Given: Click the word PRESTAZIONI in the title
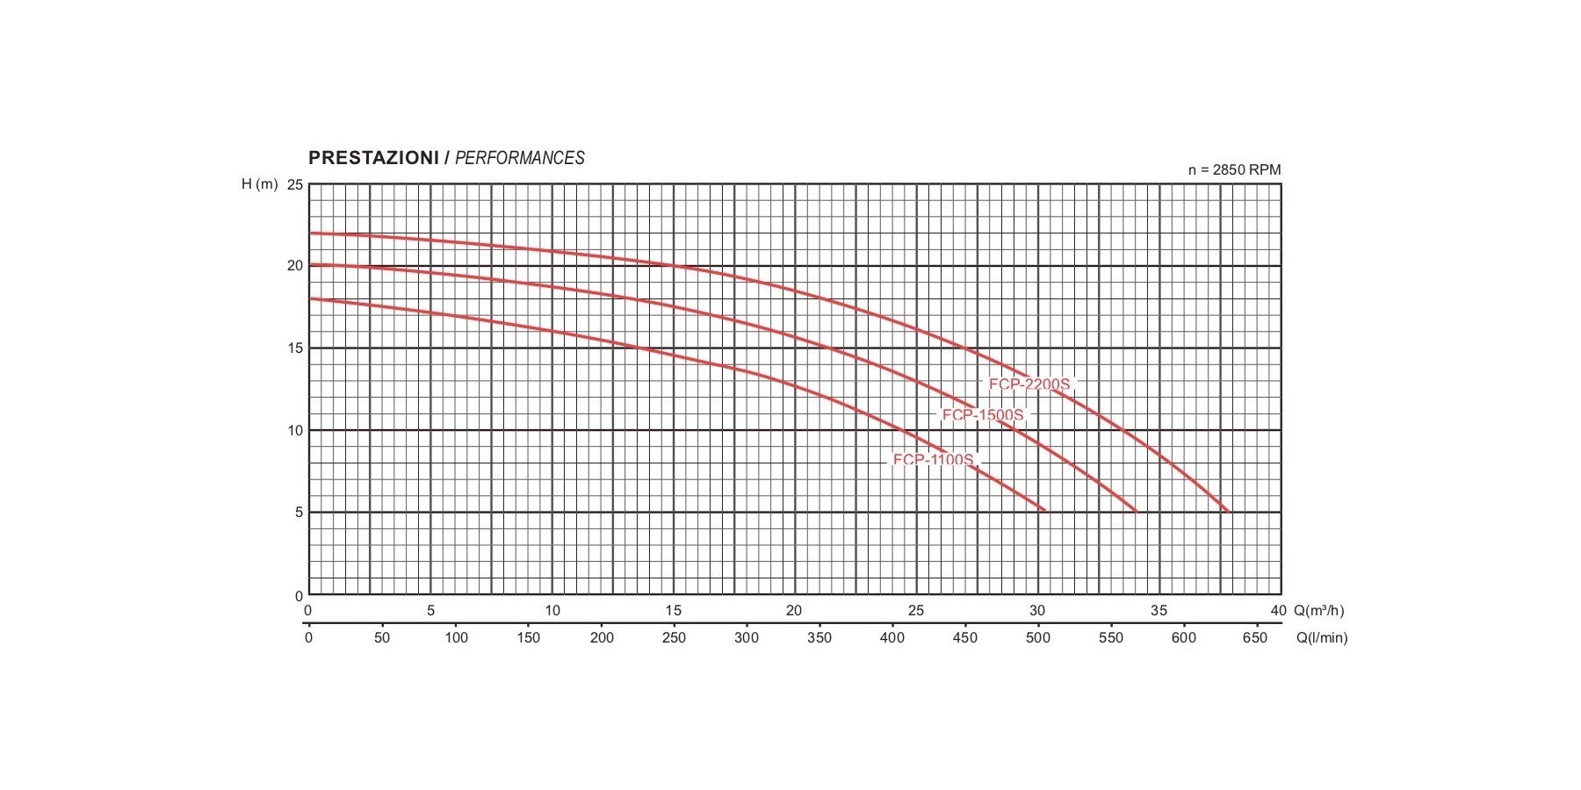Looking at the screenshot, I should (373, 158).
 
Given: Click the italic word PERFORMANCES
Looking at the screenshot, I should (519, 158).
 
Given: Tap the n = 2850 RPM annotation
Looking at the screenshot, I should (1234, 170).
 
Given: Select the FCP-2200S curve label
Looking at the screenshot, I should (1029, 384).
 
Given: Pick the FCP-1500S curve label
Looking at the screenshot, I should (983, 415).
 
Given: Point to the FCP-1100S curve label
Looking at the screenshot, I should (934, 460).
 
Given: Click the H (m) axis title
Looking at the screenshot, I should (260, 184).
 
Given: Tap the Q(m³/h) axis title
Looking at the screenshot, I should (1318, 611).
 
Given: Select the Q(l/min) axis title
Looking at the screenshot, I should (1321, 638).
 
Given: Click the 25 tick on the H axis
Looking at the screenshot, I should (295, 185).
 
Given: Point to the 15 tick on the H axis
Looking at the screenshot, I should (295, 348).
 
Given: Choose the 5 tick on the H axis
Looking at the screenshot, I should (299, 513).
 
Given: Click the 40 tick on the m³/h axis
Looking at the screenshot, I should (1278, 611).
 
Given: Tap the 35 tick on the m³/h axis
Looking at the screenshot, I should (1159, 611).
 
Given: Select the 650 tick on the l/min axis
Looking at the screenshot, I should (1255, 638).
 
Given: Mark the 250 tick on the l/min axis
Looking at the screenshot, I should (674, 638).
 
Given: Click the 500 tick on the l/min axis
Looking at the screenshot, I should (1038, 638).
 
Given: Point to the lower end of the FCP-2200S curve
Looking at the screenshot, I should (1228, 511).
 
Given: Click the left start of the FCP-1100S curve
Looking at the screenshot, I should (310, 298).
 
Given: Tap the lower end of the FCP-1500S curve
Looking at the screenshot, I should (1136, 511).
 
